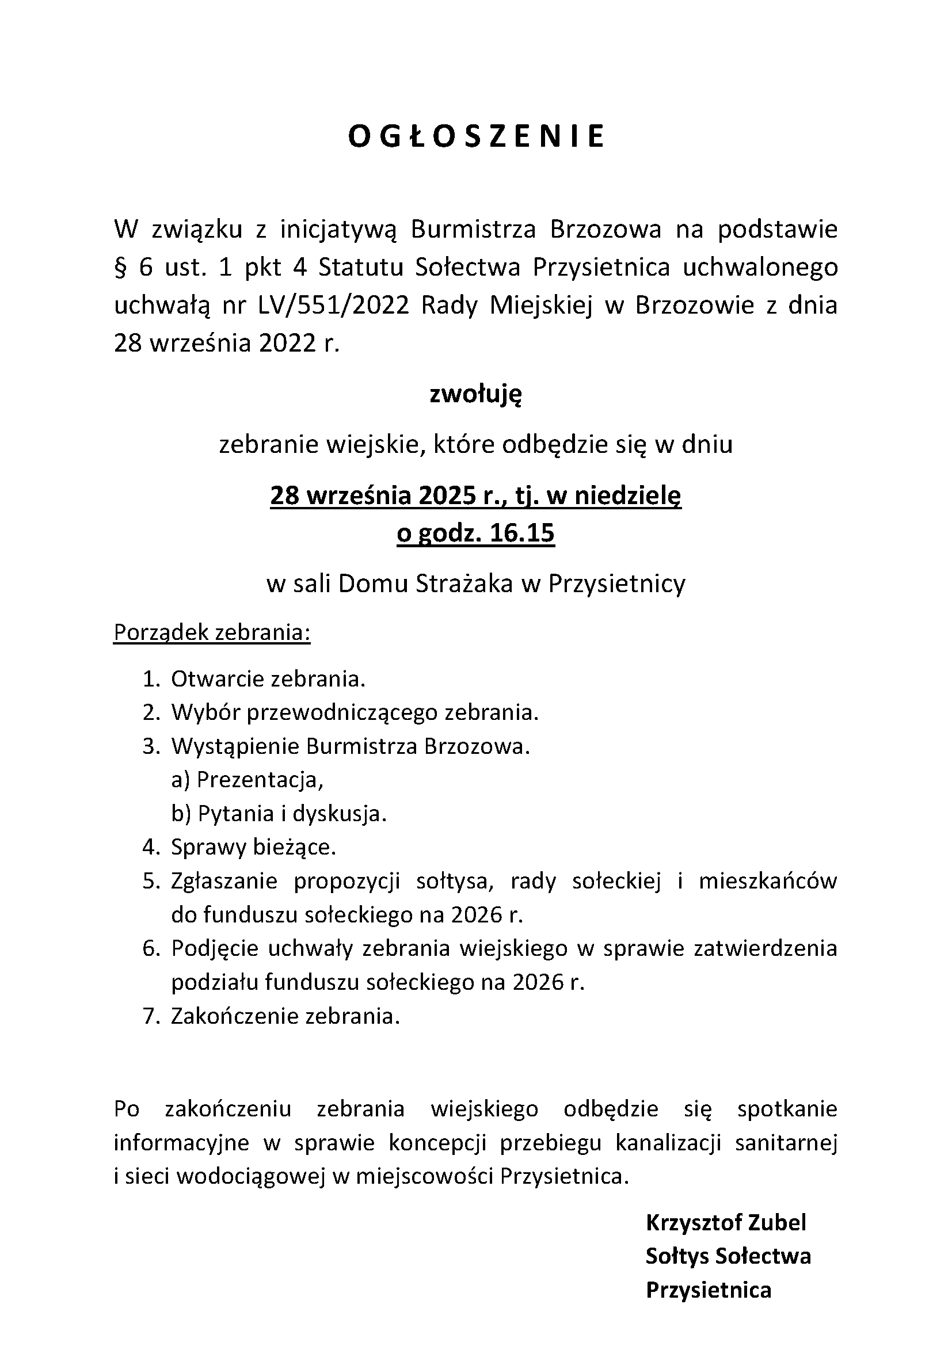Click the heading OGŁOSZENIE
(475, 136)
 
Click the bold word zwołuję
(475, 395)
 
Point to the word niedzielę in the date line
(627, 497)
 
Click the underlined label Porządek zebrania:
(212, 632)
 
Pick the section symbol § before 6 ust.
(120, 268)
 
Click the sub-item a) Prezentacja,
(247, 780)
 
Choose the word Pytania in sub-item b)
(226, 814)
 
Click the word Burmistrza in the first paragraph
(473, 230)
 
